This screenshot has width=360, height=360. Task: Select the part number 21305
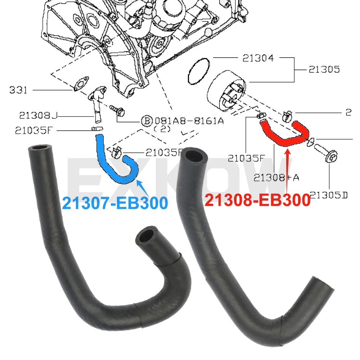[324, 69]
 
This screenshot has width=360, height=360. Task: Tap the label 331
[18, 90]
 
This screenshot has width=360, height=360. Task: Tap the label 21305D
[328, 195]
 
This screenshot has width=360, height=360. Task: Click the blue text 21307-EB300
[115, 203]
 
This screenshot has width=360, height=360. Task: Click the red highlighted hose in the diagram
[284, 135]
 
